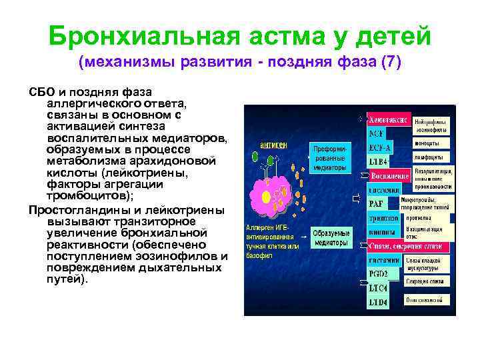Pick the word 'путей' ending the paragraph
[x=65, y=279]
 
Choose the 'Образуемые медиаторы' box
[x=331, y=239]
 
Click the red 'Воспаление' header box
[x=389, y=175]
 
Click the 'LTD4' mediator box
[x=378, y=302]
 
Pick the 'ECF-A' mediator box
[x=381, y=147]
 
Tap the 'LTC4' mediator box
[x=378, y=288]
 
